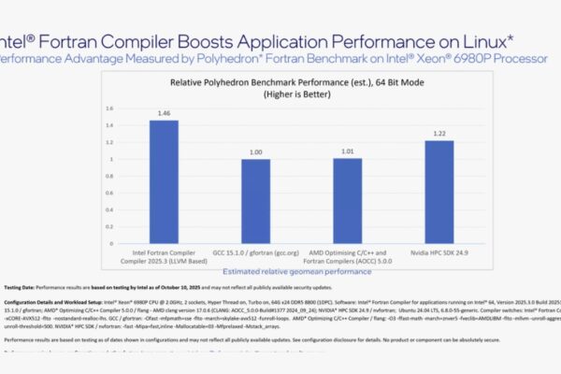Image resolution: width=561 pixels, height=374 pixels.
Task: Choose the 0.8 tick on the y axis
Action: (x=108, y=177)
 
